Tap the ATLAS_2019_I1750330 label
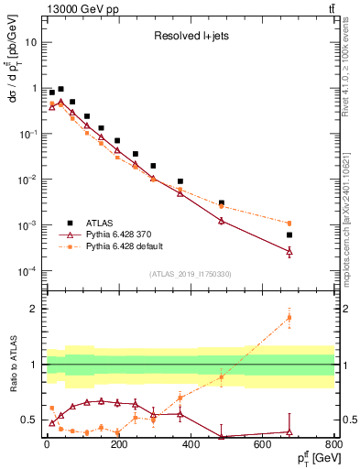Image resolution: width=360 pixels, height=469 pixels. click(191, 274)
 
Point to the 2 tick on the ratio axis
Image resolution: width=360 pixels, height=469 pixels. click(34, 309)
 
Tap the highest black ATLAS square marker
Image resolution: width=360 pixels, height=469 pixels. click(60, 89)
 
